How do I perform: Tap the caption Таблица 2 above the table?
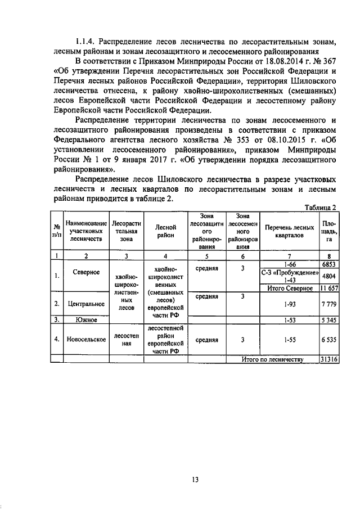point(319,208)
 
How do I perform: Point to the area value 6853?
point(328,264)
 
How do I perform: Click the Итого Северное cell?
point(290,289)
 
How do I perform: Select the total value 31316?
point(328,359)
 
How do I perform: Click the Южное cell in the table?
point(87,320)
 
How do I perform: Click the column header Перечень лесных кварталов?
point(290,231)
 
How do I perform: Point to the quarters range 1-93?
point(290,304)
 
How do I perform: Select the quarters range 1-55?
point(290,340)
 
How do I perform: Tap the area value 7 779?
point(328,304)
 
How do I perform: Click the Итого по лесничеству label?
point(272,359)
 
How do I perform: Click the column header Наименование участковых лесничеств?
point(86,231)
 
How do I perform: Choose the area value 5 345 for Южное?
point(328,320)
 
